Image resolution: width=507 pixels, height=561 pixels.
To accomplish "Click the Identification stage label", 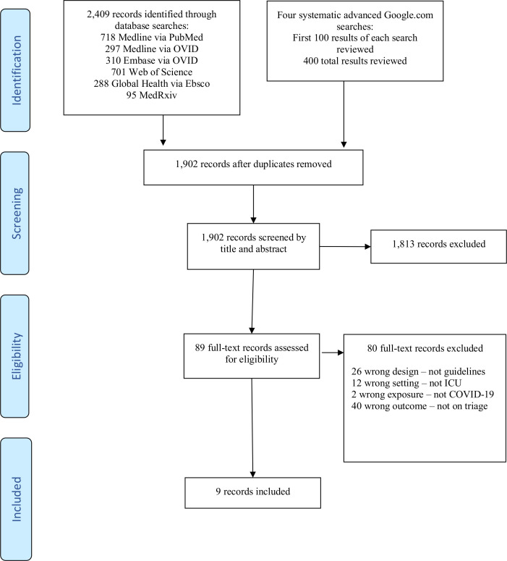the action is tap(17, 70).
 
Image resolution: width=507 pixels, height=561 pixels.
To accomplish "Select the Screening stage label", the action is tap(17, 214).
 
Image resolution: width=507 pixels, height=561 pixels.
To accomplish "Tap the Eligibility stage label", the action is tap(17, 356).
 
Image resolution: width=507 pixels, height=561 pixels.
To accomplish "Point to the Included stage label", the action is tap(17, 499).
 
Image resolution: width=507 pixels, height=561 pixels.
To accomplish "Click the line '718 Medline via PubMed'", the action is tap(152, 37).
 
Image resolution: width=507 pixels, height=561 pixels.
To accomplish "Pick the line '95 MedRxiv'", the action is tap(152, 95).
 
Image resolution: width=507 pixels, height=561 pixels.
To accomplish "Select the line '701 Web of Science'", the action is tap(152, 72).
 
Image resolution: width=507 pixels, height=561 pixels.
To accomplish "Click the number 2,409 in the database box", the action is tap(98, 14).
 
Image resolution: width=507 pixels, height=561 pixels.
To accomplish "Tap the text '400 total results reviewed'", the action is tap(355, 61).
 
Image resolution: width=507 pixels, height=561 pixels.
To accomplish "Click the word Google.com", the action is tap(409, 15).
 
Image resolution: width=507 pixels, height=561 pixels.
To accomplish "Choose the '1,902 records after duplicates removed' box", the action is tap(253, 167).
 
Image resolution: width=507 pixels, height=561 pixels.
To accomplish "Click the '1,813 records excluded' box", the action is tap(439, 247).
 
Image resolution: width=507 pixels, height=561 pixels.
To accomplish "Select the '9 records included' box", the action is tap(253, 493).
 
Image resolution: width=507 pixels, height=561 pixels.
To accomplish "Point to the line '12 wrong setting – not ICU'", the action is tap(406, 383).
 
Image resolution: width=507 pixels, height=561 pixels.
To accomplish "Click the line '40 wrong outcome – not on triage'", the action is tap(419, 406).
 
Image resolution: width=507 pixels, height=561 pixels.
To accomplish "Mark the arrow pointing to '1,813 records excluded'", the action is tap(345, 247).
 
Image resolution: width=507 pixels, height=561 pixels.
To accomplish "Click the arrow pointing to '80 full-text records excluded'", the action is tap(333, 353).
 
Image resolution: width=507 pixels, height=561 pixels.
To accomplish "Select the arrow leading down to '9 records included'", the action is tap(252, 428).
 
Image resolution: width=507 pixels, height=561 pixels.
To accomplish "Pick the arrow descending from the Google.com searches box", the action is tap(344, 114).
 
